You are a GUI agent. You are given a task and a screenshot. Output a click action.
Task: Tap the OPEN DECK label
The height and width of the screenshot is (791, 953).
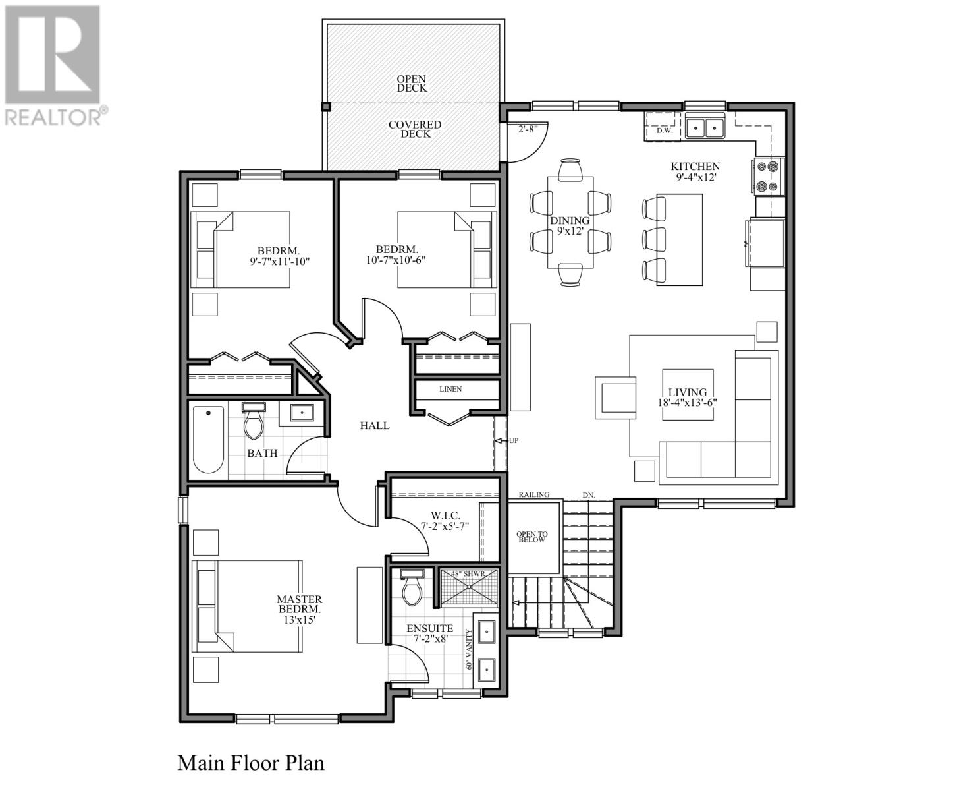pos(411,84)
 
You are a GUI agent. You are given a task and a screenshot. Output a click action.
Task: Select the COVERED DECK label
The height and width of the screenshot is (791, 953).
pos(415,129)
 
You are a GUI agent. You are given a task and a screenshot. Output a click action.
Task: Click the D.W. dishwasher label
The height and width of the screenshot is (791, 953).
pos(664,131)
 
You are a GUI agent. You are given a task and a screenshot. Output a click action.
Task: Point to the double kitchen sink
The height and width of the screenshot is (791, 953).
pos(705,127)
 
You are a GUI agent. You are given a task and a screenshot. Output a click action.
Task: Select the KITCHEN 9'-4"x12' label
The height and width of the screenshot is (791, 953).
pos(695,172)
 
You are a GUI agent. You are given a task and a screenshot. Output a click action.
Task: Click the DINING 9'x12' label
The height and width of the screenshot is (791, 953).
pos(570,225)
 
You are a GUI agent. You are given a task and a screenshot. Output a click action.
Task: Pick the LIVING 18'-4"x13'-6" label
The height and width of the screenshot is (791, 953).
pos(687,397)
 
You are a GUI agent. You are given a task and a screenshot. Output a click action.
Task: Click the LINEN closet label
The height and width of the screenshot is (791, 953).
pos(450,389)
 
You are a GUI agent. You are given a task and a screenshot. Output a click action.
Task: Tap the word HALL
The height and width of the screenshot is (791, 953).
pos(375,425)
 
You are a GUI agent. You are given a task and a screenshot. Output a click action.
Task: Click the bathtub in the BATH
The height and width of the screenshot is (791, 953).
pos(208,439)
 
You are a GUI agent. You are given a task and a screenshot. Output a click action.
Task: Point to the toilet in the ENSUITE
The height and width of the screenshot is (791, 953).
pos(412,587)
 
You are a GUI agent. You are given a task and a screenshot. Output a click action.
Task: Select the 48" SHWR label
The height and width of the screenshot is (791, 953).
pos(468,573)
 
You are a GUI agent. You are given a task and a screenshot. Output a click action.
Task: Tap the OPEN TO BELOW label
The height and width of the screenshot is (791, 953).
pos(531,537)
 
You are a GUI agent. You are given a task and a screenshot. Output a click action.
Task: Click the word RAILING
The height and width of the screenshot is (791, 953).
pos(534,494)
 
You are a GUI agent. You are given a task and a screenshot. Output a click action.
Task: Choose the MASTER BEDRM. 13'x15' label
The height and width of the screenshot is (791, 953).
pos(300,609)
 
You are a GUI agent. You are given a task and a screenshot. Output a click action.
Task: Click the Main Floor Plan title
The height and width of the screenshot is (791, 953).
pos(251,763)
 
